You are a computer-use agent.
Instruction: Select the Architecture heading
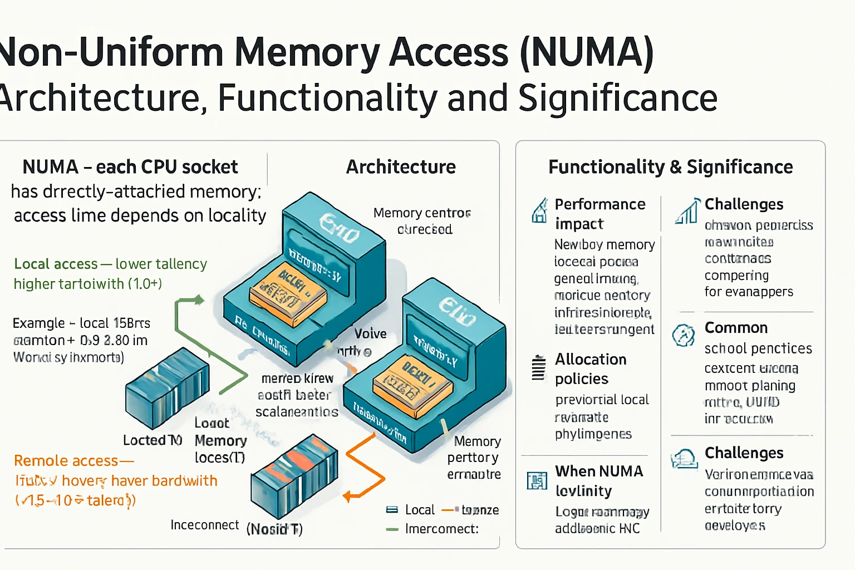point(401,167)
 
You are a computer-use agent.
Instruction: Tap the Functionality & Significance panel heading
point(670,167)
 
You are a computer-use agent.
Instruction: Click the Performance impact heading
point(600,214)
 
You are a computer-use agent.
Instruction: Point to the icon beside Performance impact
point(539,211)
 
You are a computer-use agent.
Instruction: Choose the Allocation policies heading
point(591,369)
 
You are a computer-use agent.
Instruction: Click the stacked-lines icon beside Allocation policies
point(538,368)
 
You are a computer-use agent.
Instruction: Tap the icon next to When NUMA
point(537,480)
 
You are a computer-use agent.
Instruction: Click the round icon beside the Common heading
point(684,335)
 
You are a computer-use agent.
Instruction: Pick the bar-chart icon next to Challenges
point(687,211)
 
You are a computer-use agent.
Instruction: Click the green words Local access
point(56,264)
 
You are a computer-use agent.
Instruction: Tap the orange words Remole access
point(66,461)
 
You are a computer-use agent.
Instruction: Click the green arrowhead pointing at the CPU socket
point(198,301)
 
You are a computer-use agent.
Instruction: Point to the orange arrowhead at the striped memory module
point(347,496)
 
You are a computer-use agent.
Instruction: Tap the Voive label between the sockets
point(370,333)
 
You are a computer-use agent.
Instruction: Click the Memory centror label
point(422,213)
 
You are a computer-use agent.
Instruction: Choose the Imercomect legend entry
point(441,529)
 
